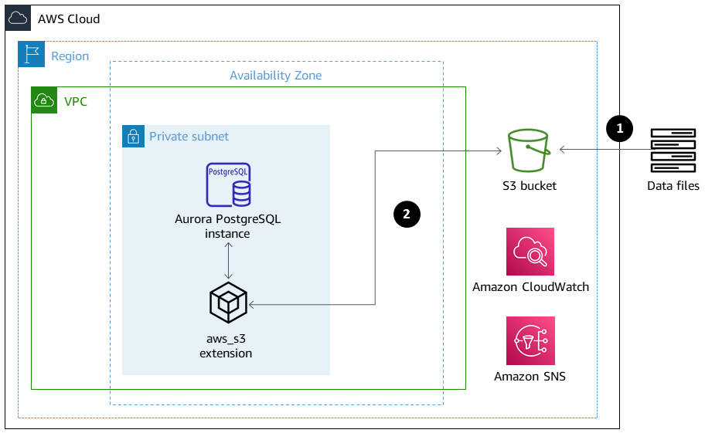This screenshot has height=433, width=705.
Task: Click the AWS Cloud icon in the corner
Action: coord(18,18)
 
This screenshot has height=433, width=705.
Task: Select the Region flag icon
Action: coord(31,55)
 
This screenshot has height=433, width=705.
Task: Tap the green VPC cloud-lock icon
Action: coord(44,100)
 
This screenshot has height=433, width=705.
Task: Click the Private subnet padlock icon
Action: coord(134,137)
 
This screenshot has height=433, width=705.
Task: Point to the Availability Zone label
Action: coord(275,76)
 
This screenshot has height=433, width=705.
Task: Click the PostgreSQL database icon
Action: coord(228,184)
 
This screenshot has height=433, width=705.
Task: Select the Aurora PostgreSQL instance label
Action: coord(228,225)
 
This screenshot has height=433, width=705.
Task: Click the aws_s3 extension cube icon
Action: coord(228,303)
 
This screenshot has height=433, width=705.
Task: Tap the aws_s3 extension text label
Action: coord(226,346)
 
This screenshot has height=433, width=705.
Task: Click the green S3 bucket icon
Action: coord(529,151)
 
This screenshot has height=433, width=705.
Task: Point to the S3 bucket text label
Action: coord(529,185)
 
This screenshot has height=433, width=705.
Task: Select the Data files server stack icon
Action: coord(673,151)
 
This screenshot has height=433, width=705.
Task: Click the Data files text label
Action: coord(673,185)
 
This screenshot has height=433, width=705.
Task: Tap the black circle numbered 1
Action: coord(619,128)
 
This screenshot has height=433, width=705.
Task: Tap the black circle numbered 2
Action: coord(407,213)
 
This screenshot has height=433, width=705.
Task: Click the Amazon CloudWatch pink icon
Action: coord(530,252)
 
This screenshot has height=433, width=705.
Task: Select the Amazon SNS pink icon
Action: coord(530,340)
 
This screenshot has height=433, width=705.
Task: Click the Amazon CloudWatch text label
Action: coord(530,287)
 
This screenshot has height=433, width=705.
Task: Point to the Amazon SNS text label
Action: coord(530,377)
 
